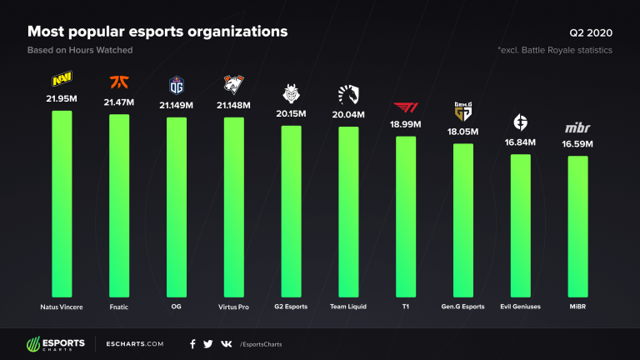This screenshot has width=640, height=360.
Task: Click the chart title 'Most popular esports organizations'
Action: (158, 32)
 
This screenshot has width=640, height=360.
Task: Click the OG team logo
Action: (176, 83)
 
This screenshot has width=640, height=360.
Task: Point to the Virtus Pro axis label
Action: (232, 307)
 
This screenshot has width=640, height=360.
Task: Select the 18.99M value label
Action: (404, 123)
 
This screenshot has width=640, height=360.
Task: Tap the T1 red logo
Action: (404, 107)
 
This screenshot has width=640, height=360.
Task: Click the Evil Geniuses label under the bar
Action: (519, 307)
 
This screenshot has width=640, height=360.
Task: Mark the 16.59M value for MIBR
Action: (576, 143)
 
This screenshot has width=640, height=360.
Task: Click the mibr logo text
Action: (576, 127)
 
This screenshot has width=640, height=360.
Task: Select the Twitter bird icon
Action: (208, 343)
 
